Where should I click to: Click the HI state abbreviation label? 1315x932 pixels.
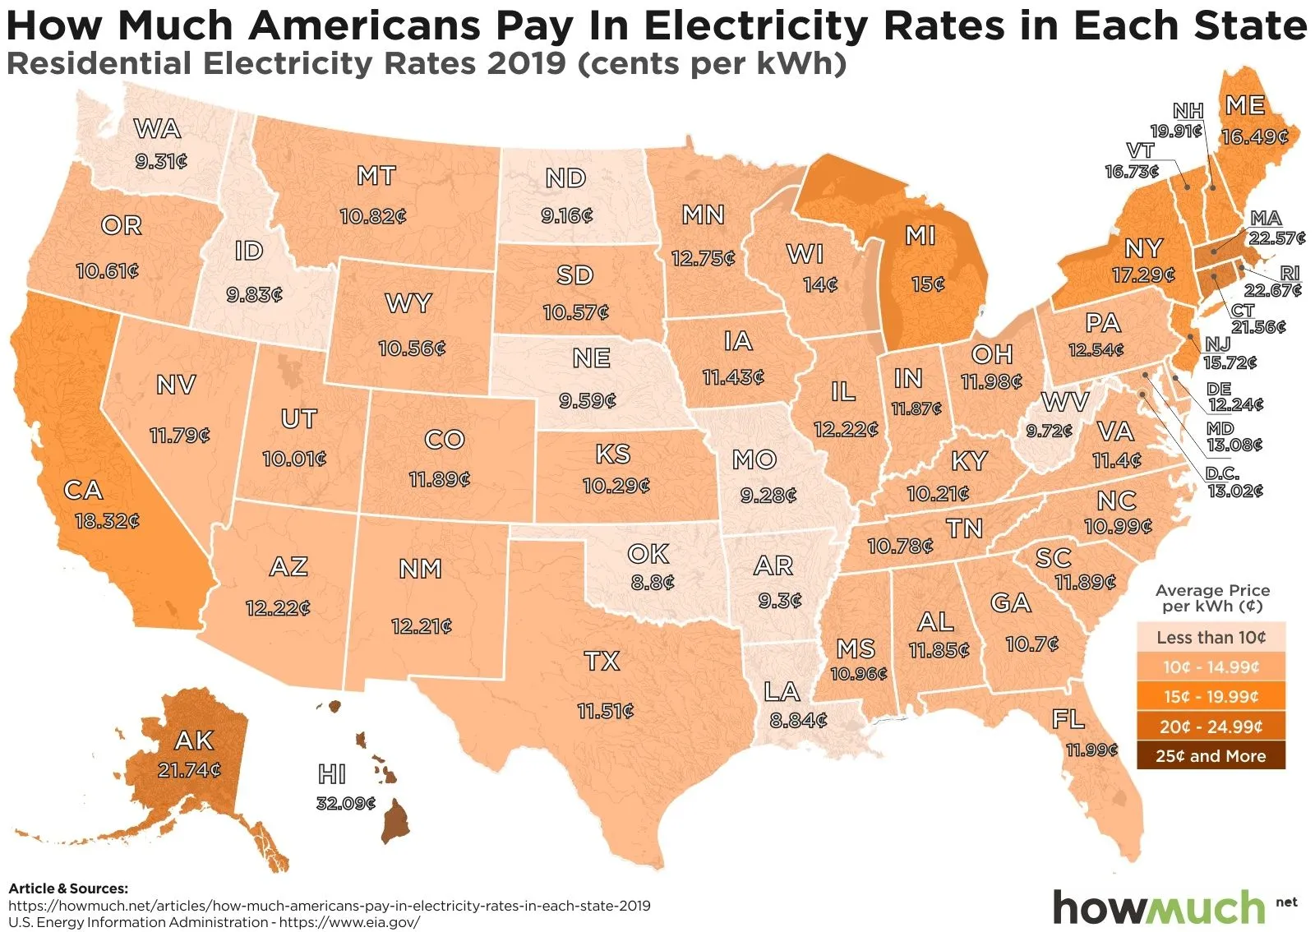coord(332,774)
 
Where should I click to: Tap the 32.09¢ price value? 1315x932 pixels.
coord(345,803)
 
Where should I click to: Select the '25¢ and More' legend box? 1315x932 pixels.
coord(1211,756)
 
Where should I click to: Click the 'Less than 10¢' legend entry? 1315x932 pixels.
coord(1211,638)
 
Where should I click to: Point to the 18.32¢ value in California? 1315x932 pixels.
coord(107,521)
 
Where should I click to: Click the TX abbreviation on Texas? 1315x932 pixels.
coord(602,661)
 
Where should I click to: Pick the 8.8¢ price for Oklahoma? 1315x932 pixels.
coord(653,583)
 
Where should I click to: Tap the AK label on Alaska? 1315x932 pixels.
coord(194,741)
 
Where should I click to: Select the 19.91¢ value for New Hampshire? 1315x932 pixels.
coord(1175,131)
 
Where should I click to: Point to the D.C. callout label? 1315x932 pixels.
coord(1222,474)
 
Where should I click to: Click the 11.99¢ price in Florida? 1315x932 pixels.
coord(1091,750)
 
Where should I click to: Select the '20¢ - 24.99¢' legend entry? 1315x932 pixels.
coord(1211,727)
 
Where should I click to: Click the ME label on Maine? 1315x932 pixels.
coord(1245,105)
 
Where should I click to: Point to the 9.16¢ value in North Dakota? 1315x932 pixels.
coord(566,215)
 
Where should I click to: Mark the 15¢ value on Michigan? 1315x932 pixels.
coord(928,284)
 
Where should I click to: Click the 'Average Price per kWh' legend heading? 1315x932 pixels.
coord(1212,598)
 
